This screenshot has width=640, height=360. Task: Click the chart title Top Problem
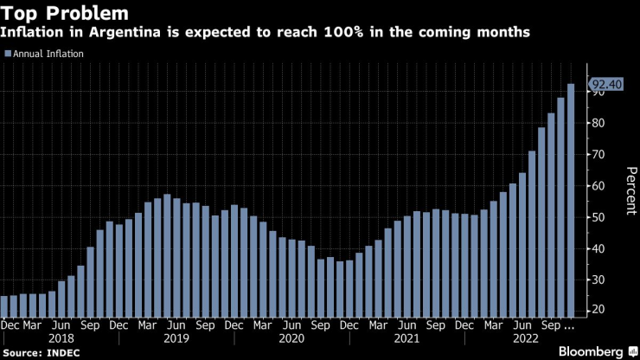[66, 14]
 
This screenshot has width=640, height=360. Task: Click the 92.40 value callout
[605, 84]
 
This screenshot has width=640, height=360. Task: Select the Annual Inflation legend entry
[48, 54]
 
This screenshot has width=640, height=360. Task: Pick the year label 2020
[292, 338]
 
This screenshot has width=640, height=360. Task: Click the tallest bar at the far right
[571, 199]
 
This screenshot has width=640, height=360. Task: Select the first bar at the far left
[4, 307]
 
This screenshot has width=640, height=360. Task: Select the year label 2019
[176, 338]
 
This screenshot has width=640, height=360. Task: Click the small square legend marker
[8, 54]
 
